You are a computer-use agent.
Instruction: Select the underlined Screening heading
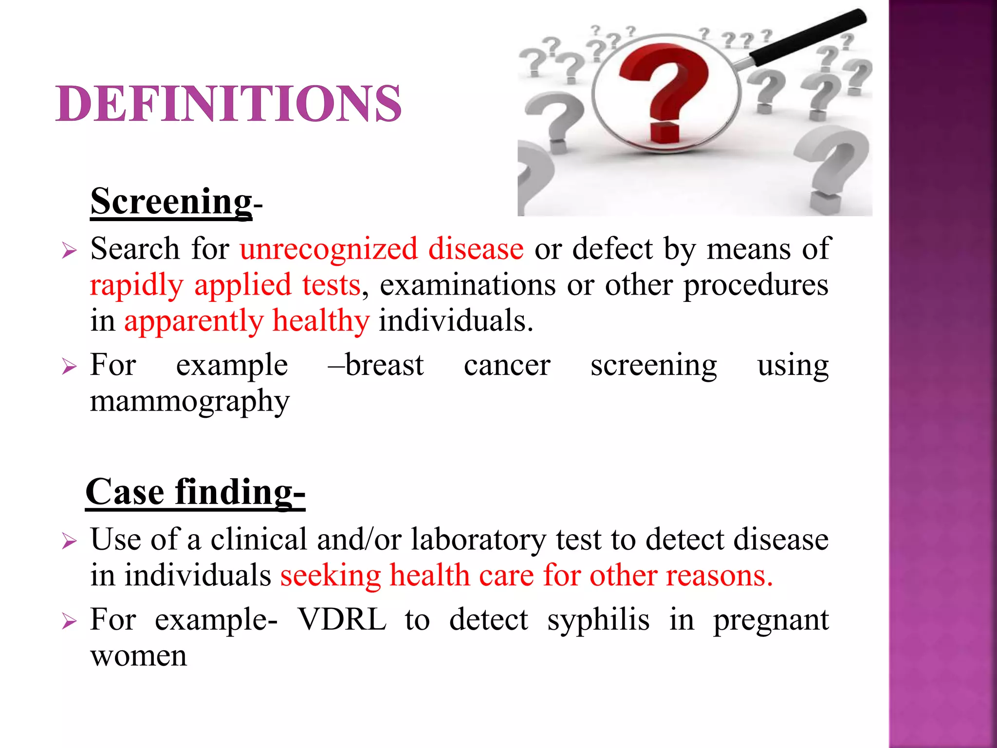coord(171,202)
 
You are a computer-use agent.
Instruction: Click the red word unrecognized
coord(329,249)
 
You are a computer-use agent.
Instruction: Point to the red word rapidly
coord(136,286)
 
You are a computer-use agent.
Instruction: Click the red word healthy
coord(321,321)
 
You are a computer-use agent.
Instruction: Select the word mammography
coord(190,402)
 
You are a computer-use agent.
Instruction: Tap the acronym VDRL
coord(342,619)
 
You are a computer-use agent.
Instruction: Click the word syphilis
coord(598,620)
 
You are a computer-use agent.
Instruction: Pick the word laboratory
coord(479,540)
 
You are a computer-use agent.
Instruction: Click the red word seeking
coord(330,576)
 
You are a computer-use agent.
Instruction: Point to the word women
coord(139,656)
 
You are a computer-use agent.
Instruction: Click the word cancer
coord(507,365)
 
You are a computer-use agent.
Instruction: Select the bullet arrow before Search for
coord(70,251)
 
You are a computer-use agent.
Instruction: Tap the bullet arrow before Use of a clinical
coord(70,541)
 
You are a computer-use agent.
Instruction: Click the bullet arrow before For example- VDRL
coord(70,621)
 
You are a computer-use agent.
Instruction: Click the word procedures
coord(756,285)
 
